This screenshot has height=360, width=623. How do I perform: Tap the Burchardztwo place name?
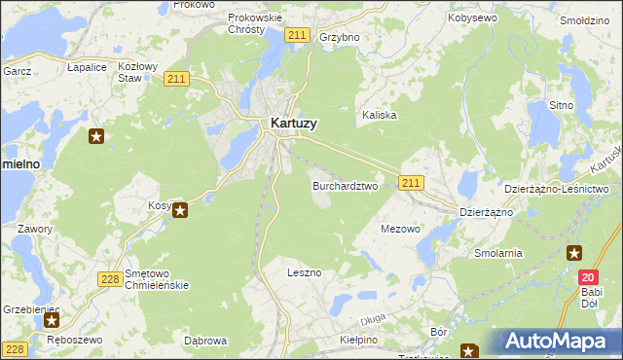click(x=345, y=185)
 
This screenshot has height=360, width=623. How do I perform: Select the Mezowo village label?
click(x=399, y=230)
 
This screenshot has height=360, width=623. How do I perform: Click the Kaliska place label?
click(x=380, y=115)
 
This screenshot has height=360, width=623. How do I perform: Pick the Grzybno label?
click(x=340, y=37)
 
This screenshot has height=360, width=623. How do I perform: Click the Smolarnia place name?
click(x=498, y=253)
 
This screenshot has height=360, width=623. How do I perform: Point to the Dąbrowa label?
click(x=205, y=341)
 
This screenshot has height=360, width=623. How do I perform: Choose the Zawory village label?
click(x=34, y=229)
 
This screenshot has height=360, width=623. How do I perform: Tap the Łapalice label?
click(x=87, y=67)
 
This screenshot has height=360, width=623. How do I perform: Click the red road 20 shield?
click(x=587, y=277)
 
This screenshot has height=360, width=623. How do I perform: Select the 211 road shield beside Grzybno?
click(x=298, y=36)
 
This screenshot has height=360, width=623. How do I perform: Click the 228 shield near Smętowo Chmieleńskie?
click(x=110, y=279)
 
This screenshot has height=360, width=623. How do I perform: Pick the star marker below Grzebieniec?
click(x=53, y=318)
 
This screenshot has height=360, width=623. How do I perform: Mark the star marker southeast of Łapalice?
click(x=95, y=136)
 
